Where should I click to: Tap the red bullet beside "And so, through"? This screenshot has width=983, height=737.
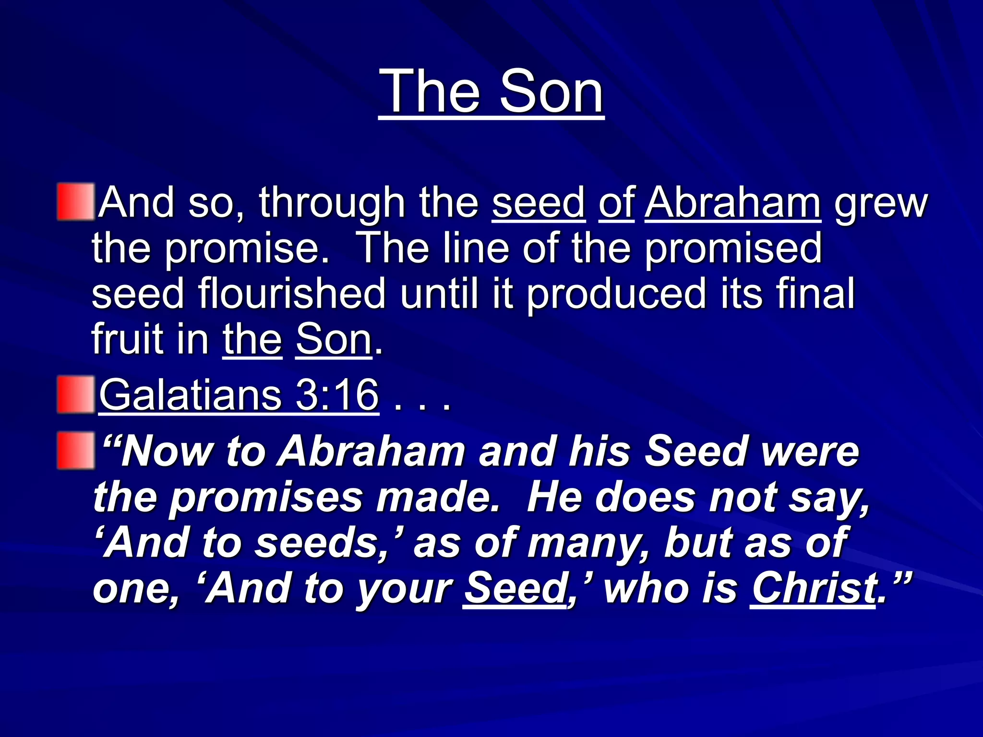coord(75,202)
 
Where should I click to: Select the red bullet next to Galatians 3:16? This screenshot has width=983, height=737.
coord(75,395)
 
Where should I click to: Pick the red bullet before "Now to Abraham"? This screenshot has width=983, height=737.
coord(75,450)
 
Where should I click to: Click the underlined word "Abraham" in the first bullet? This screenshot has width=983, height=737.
coord(732,202)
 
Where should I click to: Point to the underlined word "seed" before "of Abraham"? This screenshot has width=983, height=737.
coord(539,202)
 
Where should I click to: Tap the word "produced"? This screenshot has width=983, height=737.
coord(616,294)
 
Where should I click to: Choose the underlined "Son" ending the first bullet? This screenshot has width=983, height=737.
coord(334,339)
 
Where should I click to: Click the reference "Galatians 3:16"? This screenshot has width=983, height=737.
coord(239,395)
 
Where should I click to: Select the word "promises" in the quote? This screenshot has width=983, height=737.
coord(266,498)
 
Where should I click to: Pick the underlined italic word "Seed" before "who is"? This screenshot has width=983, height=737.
coord(515,588)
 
